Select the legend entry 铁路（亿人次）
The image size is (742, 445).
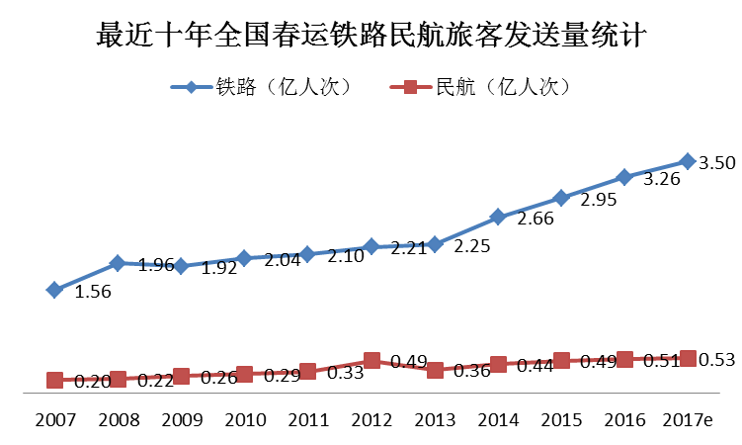(262, 86)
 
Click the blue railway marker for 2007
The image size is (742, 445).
(54, 290)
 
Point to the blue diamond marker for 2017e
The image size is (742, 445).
(688, 160)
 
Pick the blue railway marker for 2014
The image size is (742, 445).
(498, 217)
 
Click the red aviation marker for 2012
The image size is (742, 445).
(371, 361)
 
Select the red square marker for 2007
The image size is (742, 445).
(54, 381)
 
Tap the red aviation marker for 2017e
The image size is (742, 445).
(688, 358)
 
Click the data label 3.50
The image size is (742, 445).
(716, 163)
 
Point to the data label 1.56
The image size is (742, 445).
(93, 292)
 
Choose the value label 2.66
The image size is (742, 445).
(536, 219)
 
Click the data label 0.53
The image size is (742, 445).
(716, 360)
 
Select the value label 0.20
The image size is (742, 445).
(91, 382)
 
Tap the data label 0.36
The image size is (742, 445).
(472, 372)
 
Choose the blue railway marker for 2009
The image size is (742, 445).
(181, 265)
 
